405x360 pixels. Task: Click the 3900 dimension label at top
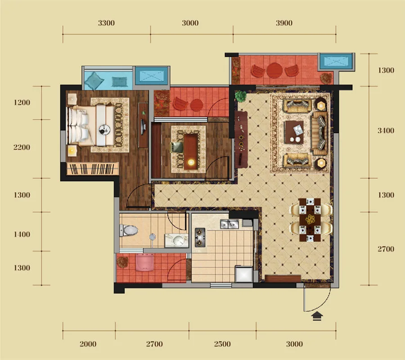(284, 23)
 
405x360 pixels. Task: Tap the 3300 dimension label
(106, 23)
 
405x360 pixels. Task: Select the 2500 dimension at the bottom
(222, 344)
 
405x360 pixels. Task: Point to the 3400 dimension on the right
(386, 130)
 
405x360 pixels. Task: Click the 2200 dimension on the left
(22, 147)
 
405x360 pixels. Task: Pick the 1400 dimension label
(22, 234)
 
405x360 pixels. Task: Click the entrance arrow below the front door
(317, 316)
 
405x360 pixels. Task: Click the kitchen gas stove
(200, 237)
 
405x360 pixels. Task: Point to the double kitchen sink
(229, 224)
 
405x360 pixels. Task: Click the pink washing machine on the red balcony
(145, 262)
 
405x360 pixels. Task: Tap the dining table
(310, 220)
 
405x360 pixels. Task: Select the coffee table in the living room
(294, 132)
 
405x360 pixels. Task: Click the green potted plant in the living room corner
(241, 96)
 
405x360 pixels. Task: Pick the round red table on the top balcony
(274, 70)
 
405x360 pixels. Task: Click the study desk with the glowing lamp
(191, 151)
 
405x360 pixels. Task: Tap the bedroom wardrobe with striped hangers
(92, 169)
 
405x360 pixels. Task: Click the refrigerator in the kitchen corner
(243, 274)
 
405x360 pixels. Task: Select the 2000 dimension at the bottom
(88, 344)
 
